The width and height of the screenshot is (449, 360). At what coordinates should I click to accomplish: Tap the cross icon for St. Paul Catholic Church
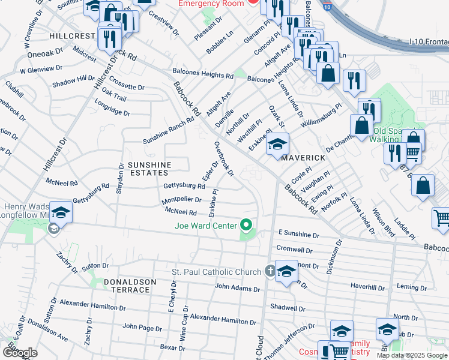tap(270, 271)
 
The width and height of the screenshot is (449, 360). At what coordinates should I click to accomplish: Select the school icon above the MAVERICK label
tap(277, 144)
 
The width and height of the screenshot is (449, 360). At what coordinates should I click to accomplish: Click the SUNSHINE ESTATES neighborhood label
tap(150, 169)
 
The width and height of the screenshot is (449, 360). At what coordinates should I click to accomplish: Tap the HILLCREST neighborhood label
tap(73, 36)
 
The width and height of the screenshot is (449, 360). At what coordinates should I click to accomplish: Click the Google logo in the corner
tap(20, 353)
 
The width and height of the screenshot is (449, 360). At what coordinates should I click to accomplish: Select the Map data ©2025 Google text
tap(411, 355)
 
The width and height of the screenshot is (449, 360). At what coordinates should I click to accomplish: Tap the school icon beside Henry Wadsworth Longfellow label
tap(61, 212)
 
